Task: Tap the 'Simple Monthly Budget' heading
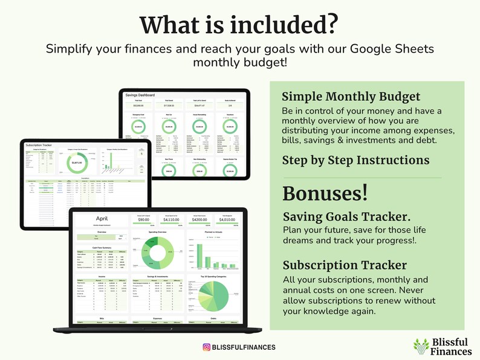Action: point(351,97)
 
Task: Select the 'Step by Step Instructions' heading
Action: point(355,160)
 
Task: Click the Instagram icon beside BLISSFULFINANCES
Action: point(206,347)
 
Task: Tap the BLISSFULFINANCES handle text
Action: point(244,347)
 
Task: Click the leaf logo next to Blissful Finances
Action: point(421,346)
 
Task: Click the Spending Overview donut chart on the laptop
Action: point(157,252)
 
